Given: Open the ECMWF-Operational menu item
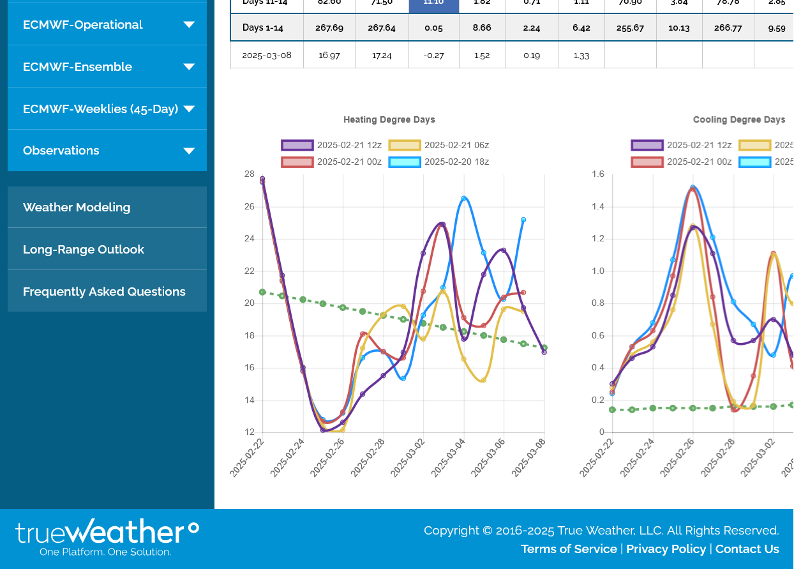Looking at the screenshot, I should (83, 25).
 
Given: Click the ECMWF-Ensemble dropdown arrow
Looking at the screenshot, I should (189, 67).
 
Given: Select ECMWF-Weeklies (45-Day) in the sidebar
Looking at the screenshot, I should (100, 109).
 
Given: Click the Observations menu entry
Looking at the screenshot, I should (61, 151).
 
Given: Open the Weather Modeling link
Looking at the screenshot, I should (77, 208).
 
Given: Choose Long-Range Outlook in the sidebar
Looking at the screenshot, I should (84, 250).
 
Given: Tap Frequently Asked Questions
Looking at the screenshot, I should (104, 292).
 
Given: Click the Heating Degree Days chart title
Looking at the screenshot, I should (389, 119).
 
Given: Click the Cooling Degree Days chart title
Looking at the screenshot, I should (739, 119).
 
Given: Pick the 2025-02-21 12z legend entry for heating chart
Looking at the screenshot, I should (333, 146).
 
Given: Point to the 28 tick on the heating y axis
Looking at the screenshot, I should (250, 174).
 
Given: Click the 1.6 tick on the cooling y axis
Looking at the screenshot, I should (598, 174).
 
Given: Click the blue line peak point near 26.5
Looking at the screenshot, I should (464, 199).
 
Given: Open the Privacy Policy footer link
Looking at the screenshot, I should (666, 549).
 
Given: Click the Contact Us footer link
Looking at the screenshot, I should (747, 549).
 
